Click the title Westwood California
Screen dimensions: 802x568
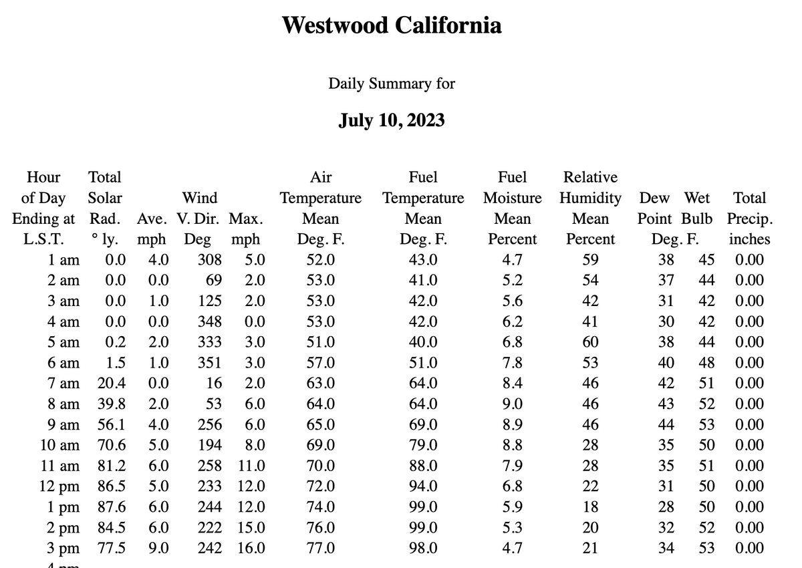point(392,25)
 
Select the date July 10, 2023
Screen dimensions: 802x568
point(392,120)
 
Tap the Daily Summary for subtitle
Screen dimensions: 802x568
point(392,84)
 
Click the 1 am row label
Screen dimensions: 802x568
point(64,259)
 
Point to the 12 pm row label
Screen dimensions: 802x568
point(60,486)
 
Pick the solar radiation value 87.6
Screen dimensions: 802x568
point(112,507)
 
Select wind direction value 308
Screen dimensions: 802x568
point(209,259)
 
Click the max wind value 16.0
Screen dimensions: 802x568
point(251,549)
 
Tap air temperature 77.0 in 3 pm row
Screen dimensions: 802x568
point(321,549)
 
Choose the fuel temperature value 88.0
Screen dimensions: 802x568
point(423,466)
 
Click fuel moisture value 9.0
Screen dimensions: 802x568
point(512,404)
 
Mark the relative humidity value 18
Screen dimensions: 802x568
point(590,507)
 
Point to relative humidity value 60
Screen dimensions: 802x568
point(590,342)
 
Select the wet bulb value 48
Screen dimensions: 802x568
point(706,363)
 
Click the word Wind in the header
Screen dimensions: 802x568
point(200,198)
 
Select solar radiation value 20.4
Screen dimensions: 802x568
point(112,384)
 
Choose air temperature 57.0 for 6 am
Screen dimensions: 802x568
point(321,363)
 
